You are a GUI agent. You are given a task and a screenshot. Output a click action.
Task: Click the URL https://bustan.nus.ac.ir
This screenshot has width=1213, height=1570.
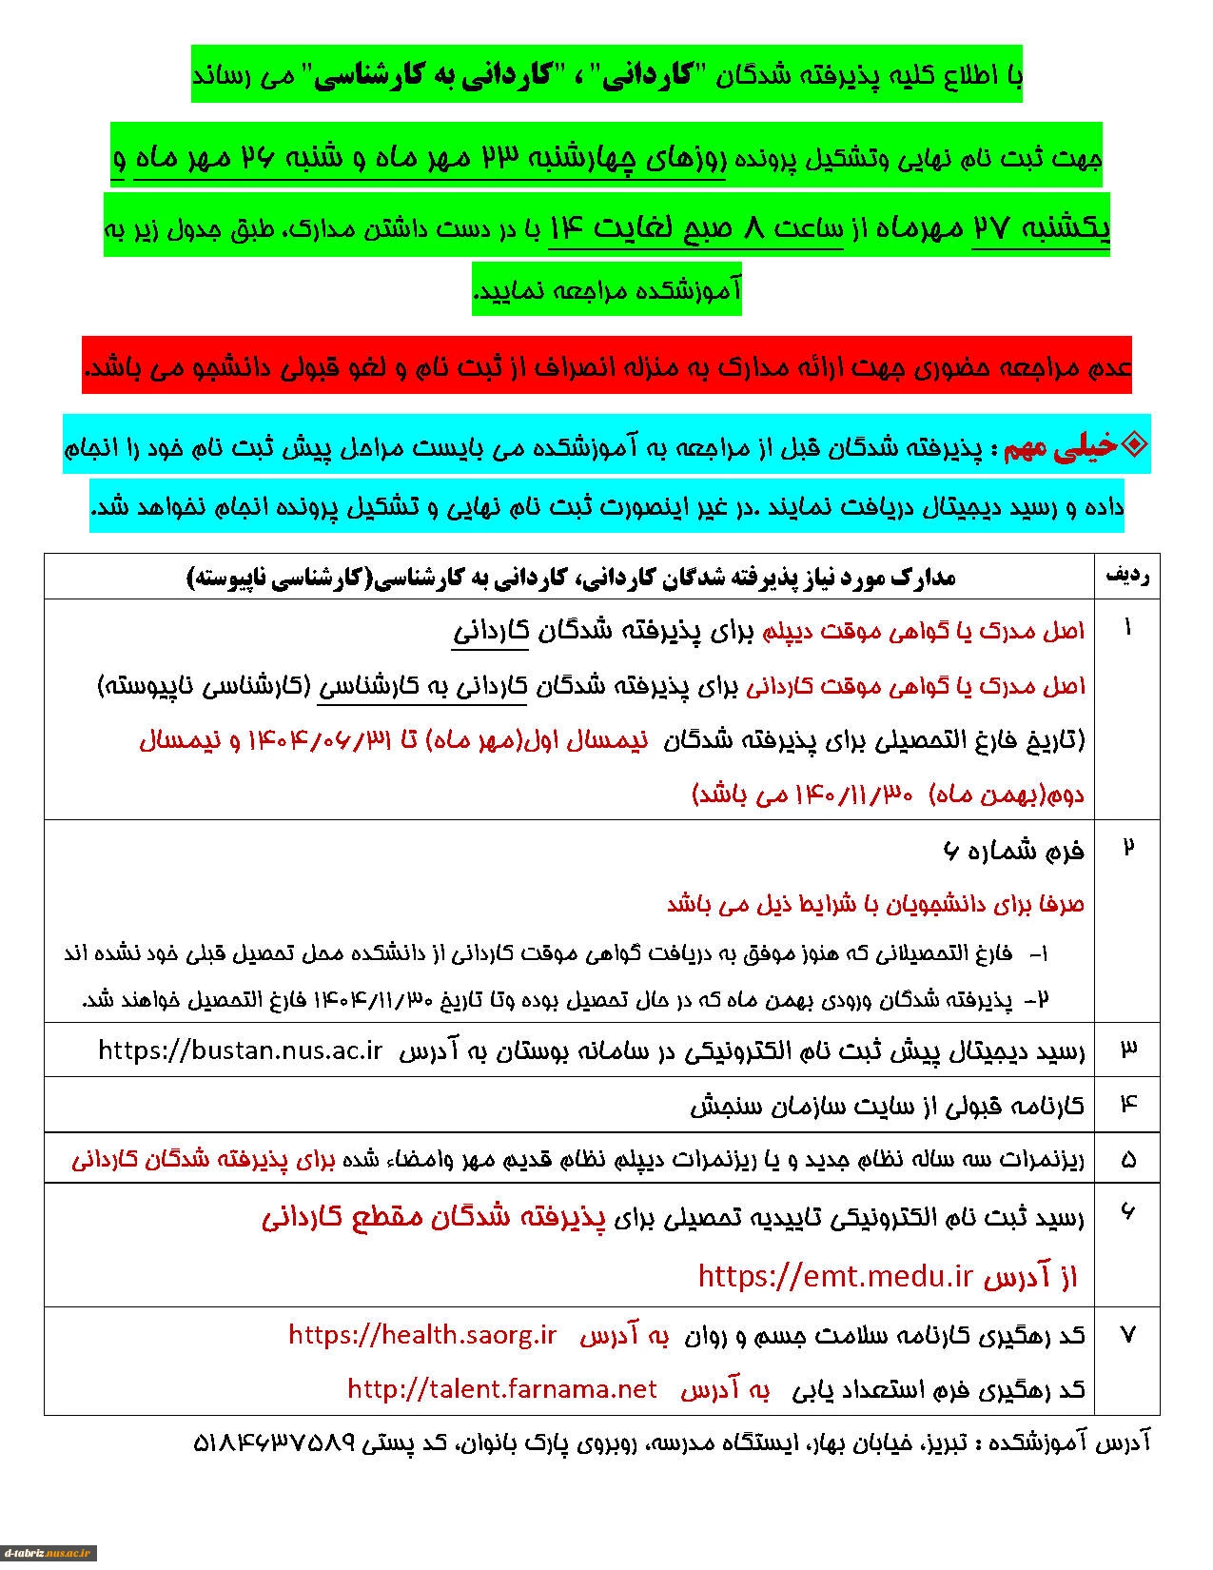(240, 1050)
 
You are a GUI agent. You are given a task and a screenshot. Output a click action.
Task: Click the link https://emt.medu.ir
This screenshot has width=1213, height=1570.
(834, 1276)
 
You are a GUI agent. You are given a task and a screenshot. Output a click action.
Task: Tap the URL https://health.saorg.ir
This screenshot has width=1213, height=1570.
(421, 1334)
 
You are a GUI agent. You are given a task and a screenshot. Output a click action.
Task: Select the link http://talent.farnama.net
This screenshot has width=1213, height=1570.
(501, 1389)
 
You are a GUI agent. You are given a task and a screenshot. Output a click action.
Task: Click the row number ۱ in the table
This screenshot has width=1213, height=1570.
(1128, 628)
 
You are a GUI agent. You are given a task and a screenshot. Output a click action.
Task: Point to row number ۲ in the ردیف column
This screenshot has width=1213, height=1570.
(1128, 848)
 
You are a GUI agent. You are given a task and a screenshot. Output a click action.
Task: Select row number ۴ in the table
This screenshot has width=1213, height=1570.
(1128, 1104)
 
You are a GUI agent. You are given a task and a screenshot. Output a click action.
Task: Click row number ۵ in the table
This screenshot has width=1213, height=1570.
(1128, 1159)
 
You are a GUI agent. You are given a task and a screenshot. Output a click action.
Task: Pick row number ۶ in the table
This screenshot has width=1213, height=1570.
(1128, 1212)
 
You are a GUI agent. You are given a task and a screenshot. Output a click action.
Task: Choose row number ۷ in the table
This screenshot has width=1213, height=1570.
(1128, 1335)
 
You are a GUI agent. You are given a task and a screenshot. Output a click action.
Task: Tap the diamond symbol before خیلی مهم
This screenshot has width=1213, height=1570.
(1135, 444)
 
